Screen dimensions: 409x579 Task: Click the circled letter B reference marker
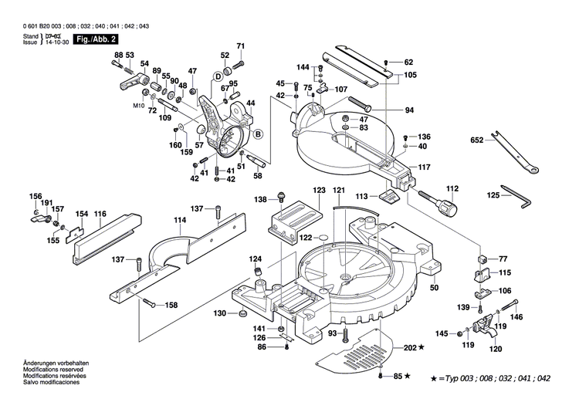pos(258,135)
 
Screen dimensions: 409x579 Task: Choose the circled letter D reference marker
pos(218,76)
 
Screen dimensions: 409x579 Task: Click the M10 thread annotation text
pos(139,104)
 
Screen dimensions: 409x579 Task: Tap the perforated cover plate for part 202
pos(355,353)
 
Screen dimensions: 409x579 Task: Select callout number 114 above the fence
pos(179,220)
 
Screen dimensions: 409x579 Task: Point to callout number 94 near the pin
pos(409,110)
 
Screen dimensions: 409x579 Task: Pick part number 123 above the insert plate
pos(319,190)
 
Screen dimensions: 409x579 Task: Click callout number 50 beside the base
pos(434,288)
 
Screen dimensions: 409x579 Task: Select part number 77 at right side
pos(503,258)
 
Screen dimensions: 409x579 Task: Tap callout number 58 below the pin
pos(257,176)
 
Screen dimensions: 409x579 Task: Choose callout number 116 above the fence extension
pos(100,213)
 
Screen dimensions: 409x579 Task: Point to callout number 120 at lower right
pos(494,349)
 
